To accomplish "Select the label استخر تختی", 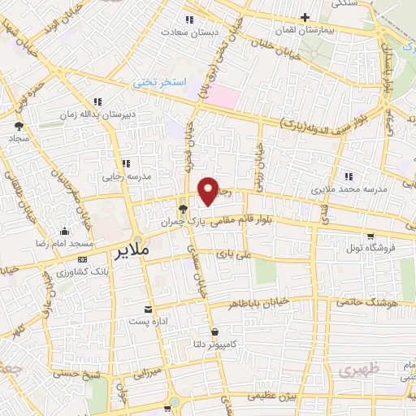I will coord(161,84).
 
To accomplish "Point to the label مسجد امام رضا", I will coord(64,243).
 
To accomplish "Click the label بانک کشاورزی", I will coord(82,269).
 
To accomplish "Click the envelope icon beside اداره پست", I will coord(148,310).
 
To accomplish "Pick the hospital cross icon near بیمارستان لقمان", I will coord(305,16).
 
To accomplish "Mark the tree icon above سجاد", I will coord(19,126).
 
